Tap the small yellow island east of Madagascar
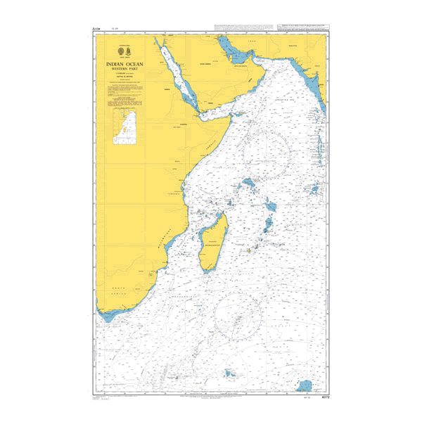[248, 249]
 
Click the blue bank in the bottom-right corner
[304, 385]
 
